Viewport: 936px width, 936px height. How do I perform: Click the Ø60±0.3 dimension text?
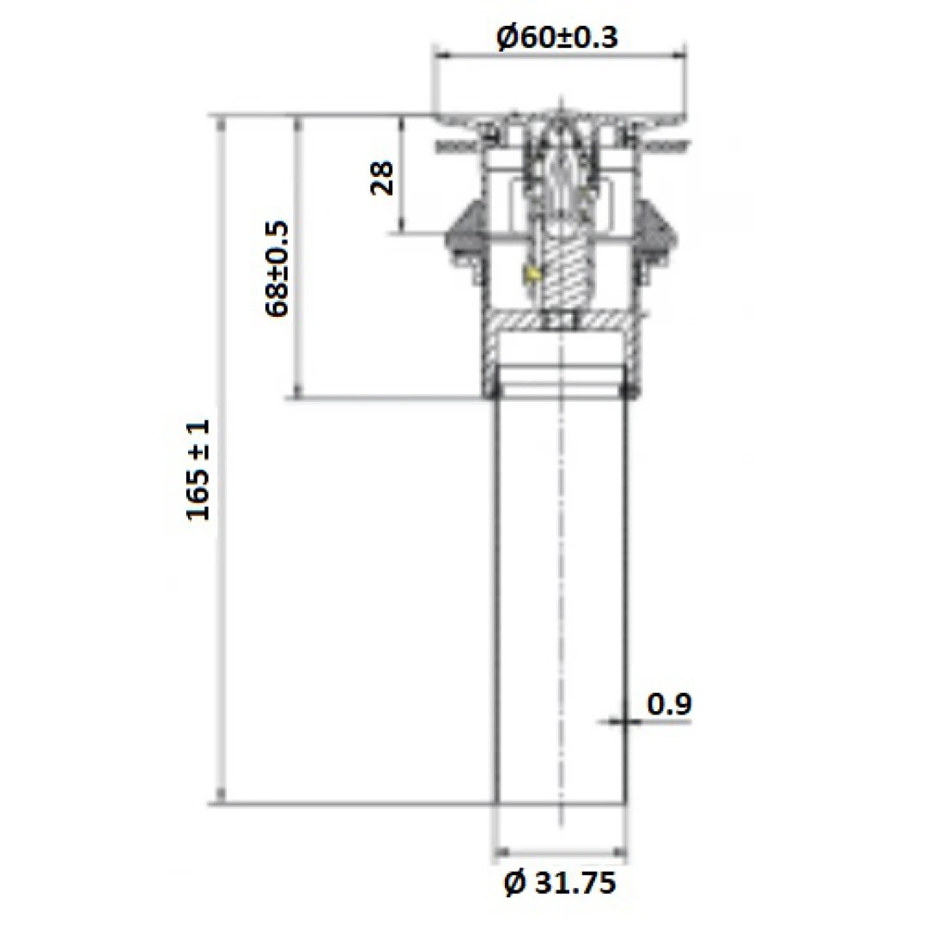pos(557,38)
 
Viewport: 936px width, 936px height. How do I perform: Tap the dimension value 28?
pos(383,178)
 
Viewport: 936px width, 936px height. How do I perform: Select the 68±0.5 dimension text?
pos(278,269)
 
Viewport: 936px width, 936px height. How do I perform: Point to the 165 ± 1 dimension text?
pos(198,470)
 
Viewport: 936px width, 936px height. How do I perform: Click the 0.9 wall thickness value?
pos(669,704)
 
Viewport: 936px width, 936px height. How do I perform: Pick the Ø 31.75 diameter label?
pos(560,884)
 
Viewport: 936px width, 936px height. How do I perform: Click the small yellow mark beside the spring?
pos(533,275)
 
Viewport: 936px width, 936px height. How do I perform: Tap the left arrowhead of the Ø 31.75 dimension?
pos(502,854)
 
